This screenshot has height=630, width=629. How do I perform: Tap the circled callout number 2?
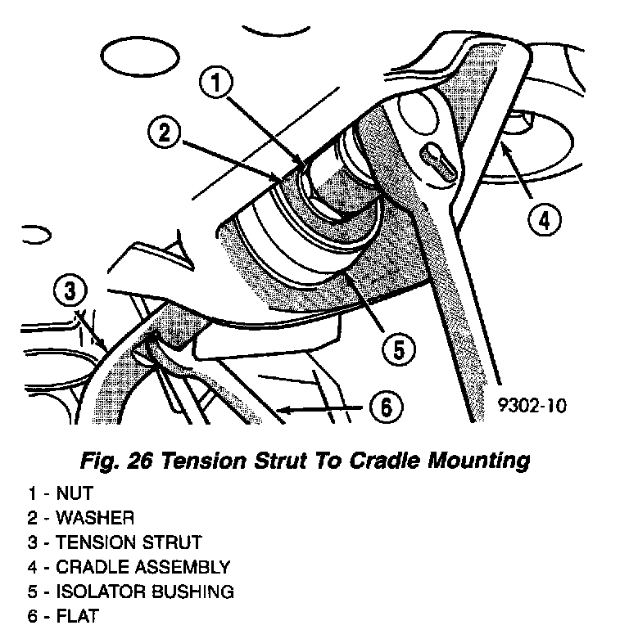click(166, 133)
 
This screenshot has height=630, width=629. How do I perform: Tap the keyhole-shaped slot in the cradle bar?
click(441, 161)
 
